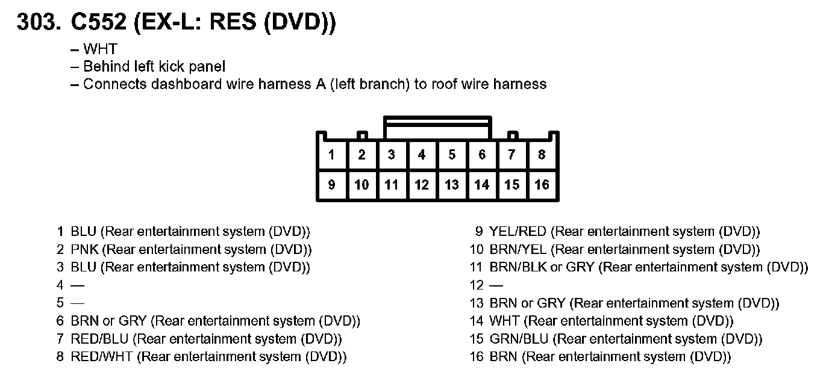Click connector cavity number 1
(331, 155)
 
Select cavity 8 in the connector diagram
(542, 155)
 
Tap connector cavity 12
(422, 185)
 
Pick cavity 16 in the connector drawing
(542, 185)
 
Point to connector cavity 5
(452, 155)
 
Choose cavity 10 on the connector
(361, 185)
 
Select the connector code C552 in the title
(99, 22)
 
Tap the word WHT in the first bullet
(100, 49)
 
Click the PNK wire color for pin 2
(84, 249)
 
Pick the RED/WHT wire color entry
(101, 357)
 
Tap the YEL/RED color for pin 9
(518, 232)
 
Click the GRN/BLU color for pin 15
(518, 339)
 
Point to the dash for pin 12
(496, 285)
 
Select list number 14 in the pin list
(477, 321)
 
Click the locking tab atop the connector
(437, 127)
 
